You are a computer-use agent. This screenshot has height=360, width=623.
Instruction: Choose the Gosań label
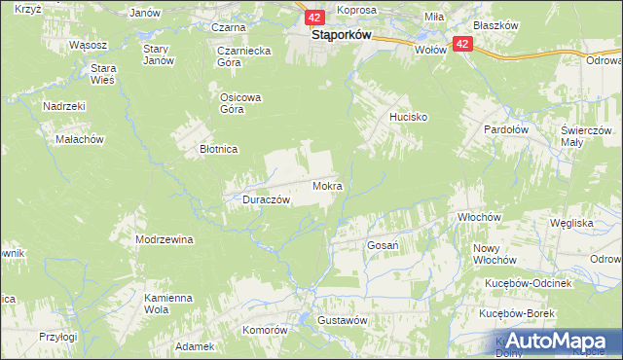click(x=383, y=246)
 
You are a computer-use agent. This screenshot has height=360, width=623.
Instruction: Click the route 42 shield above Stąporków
click(x=312, y=18)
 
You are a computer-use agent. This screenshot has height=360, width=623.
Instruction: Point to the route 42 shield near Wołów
click(x=461, y=44)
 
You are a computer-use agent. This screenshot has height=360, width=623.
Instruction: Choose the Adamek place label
click(x=194, y=346)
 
